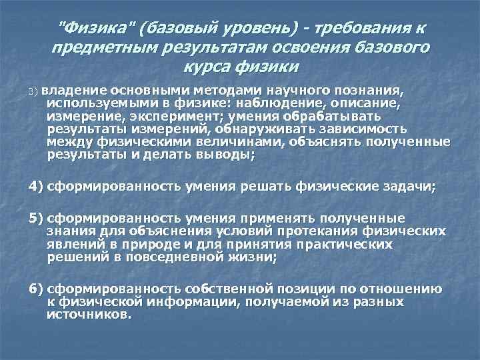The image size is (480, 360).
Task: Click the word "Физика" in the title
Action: point(91,28)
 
